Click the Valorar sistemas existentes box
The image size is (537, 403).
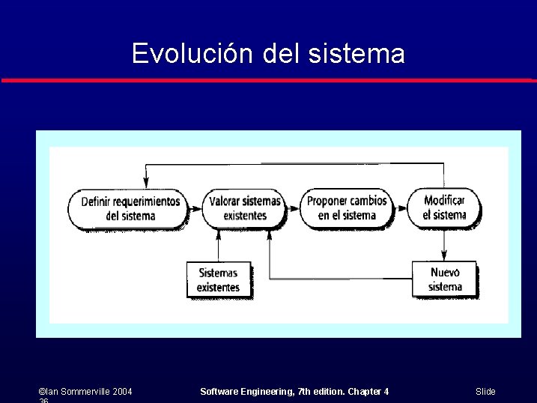(244, 209)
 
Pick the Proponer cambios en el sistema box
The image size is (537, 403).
(347, 208)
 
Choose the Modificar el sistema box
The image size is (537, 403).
(444, 207)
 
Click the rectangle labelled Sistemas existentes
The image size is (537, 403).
(218, 280)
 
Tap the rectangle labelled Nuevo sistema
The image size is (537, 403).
(445, 279)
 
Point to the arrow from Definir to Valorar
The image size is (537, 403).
(195, 209)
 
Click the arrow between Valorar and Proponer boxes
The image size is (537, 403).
(294, 209)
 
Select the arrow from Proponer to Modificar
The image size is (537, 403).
(400, 208)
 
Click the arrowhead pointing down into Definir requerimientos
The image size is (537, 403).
(146, 183)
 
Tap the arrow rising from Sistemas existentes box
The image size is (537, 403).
(218, 246)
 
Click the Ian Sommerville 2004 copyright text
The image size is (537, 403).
(85, 392)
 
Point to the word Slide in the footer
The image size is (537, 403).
(485, 392)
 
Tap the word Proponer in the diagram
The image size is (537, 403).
(327, 201)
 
